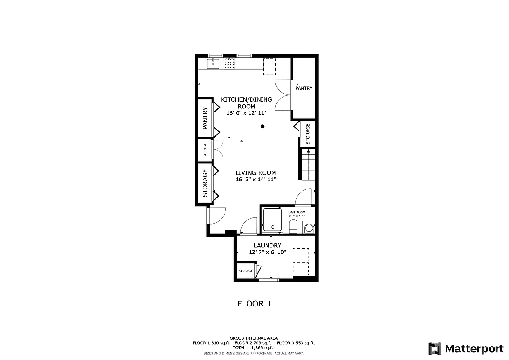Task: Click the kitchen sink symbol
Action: (213, 63)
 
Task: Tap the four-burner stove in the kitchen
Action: (230, 63)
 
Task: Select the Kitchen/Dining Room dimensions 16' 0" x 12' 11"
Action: (246, 113)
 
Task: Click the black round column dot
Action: (262, 126)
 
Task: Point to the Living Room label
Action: (256, 173)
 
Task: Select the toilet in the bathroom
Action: (294, 225)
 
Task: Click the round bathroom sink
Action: (309, 228)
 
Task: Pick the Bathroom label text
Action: (297, 212)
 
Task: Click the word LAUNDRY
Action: (267, 246)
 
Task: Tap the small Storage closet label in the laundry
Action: (245, 271)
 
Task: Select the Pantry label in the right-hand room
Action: (304, 89)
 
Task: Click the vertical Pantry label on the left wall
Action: (205, 118)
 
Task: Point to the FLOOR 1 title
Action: (254, 304)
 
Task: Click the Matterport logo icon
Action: (435, 348)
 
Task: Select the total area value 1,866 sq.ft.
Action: (263, 348)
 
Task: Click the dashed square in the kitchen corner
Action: (270, 67)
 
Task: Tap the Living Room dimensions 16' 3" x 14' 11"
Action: (256, 180)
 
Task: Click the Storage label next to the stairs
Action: (308, 134)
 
